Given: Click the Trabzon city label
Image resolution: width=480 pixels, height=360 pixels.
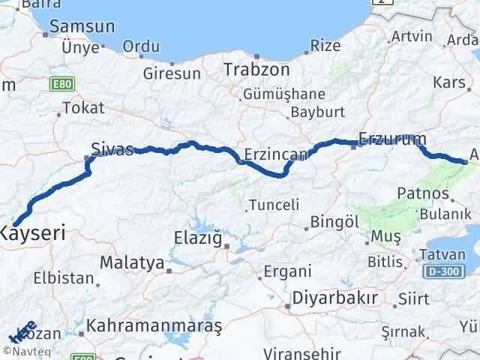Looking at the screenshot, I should (x=256, y=69).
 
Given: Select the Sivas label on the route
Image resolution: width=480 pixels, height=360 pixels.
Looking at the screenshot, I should (x=111, y=148).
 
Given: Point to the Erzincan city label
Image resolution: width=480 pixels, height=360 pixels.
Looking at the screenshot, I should (x=275, y=154).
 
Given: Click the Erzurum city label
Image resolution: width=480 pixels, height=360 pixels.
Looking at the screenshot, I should (x=392, y=139).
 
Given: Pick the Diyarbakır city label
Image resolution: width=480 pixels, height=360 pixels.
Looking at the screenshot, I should (x=334, y=297).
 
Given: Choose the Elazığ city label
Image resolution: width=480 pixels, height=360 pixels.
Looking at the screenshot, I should (x=199, y=239).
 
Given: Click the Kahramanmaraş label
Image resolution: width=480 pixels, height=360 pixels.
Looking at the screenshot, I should (x=154, y=326).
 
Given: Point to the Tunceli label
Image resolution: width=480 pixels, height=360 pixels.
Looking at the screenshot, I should (x=274, y=204).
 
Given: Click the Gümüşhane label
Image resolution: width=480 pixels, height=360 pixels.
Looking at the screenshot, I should (x=283, y=94).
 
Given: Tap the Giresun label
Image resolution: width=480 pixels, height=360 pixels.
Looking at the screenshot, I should (x=172, y=73).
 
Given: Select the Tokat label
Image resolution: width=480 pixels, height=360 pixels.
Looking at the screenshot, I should (x=83, y=108).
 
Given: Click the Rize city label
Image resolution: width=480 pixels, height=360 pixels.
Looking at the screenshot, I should (x=325, y=46).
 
